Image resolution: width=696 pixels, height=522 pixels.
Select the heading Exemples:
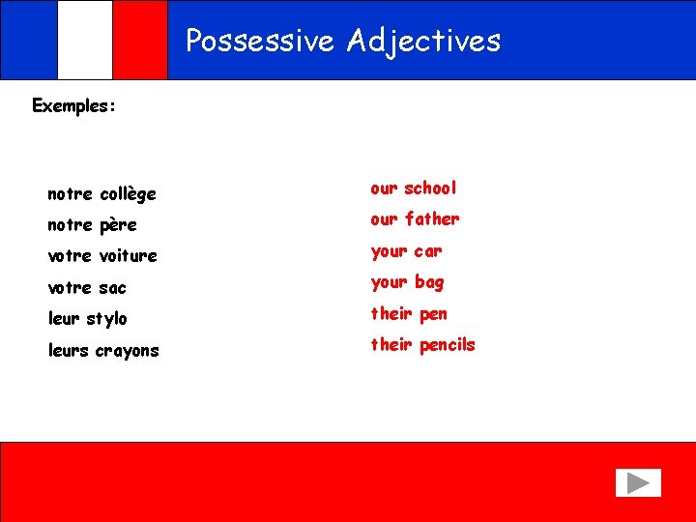74,105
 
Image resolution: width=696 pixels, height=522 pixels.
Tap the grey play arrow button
637,482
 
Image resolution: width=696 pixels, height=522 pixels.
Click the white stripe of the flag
84,40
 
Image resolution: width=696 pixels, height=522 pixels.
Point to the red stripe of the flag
140,40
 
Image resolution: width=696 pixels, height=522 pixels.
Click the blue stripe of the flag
29,40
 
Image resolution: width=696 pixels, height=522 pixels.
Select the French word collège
128,194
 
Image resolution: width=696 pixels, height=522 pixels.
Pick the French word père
118,225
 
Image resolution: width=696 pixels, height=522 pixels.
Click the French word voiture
128,256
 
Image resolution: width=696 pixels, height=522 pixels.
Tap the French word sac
112,288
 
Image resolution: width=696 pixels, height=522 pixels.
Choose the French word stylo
106,319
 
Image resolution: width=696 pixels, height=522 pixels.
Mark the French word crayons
127,351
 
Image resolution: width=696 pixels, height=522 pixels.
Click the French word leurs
69,350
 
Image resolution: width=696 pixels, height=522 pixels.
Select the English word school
430,188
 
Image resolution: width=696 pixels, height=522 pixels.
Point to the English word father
432,218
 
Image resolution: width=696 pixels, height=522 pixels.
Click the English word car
427,251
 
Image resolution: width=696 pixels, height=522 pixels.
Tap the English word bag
428,282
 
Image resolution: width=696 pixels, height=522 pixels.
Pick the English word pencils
447,345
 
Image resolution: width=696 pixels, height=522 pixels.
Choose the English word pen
433,314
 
